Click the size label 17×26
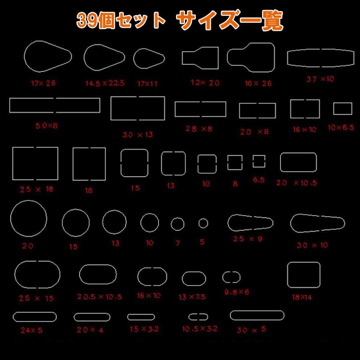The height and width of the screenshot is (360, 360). tap(43, 84)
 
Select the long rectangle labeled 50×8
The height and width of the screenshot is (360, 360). tap(55, 105)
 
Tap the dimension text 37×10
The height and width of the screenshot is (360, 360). tap(320, 79)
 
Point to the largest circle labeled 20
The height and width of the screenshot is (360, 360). tap(28, 219)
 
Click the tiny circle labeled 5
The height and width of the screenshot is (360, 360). tap(203, 223)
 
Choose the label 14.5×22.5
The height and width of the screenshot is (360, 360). tap(105, 83)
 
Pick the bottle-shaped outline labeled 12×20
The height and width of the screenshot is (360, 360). tap(200, 56)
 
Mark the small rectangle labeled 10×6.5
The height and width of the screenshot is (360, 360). tap(343, 108)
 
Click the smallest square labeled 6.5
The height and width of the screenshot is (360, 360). tap(259, 161)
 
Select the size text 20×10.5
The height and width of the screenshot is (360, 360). tap(296, 183)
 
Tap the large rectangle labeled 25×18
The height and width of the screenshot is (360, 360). tap(35, 164)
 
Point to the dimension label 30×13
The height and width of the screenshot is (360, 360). tap(138, 135)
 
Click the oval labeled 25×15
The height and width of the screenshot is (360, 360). tap(38, 274)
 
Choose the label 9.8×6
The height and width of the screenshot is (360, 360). tap(236, 292)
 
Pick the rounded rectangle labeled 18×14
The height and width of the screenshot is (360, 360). tap(304, 275)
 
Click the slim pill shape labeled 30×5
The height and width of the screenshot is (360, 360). tap(257, 315)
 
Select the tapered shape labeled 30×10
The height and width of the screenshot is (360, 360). tap(317, 223)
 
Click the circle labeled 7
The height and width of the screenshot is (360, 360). tap(178, 224)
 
